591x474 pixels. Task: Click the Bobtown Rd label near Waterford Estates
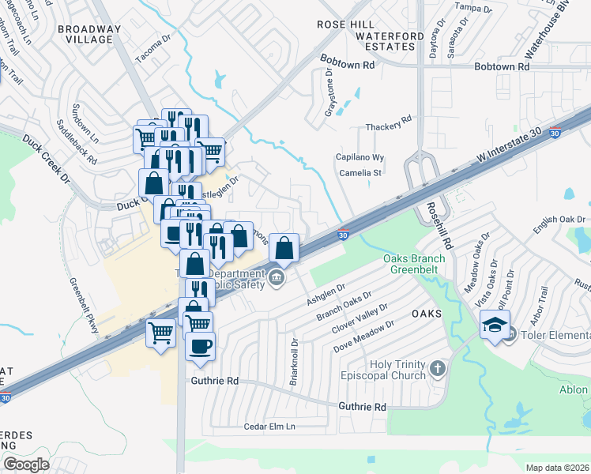point(347,62)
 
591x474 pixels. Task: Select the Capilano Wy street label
point(361,157)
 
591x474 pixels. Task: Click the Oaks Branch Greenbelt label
point(414,264)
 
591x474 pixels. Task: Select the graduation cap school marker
point(495,324)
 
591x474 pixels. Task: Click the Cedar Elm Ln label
point(269,427)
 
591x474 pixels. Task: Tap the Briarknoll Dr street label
point(293,363)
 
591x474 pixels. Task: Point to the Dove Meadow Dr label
point(363,337)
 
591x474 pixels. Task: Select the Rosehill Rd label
point(435,223)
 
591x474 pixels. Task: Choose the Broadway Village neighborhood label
point(89,36)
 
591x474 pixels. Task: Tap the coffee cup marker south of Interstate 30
point(200,345)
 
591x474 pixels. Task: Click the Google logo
point(27,464)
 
